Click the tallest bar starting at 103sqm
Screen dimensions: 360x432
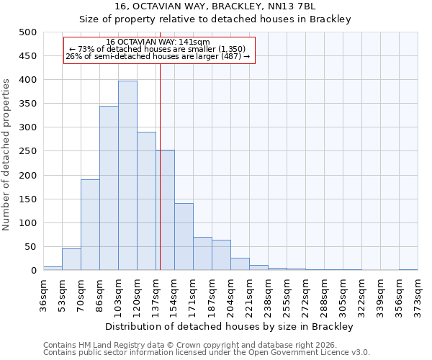pos(127,176)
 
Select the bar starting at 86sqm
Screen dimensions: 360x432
pos(109,188)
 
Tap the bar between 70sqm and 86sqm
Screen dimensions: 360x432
pos(90,225)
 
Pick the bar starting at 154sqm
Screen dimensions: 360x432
pos(184,237)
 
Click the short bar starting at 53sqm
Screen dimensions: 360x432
pos(71,260)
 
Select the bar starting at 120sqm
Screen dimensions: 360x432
pos(146,201)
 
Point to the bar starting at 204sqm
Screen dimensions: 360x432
pos(240,264)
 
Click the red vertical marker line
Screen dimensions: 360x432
pos(160,180)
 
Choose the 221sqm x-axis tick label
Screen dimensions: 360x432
pos(249,291)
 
